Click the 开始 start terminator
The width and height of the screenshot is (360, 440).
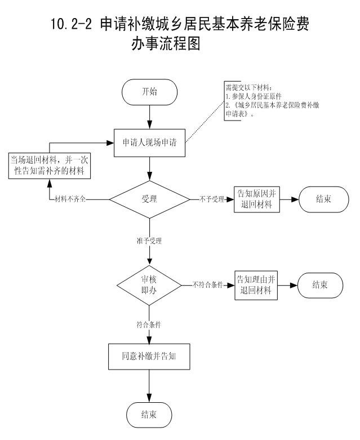click(149, 92)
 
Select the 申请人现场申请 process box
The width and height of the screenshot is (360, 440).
click(149, 141)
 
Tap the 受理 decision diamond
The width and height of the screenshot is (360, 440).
click(149, 199)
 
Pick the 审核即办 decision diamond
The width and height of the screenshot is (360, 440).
click(149, 286)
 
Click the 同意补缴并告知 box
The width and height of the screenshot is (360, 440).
click(149, 356)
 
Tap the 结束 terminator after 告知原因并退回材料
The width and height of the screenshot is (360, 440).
click(323, 199)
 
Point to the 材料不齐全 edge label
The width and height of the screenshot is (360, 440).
click(74, 199)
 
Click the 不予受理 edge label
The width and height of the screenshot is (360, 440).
click(212, 199)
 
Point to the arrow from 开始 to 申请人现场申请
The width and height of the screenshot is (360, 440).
click(149, 116)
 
